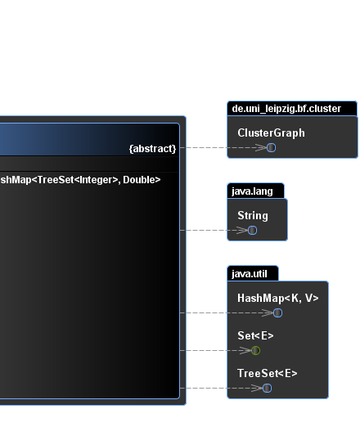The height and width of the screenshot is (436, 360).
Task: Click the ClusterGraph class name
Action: coord(271,133)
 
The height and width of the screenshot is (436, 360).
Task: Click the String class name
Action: coord(253,215)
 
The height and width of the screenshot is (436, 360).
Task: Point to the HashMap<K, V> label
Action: coord(277,298)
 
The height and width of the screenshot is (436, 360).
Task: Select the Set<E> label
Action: coord(255,335)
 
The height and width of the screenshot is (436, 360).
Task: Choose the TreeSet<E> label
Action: coord(267,373)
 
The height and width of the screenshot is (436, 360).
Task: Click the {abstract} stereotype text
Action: coord(152,149)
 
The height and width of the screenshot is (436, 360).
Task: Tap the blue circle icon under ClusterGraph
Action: coord(272,147)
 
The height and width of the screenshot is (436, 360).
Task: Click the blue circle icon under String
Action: coord(252,230)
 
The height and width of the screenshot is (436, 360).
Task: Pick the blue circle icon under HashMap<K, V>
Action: coord(277,312)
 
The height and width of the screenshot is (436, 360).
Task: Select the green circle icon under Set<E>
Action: coord(255,350)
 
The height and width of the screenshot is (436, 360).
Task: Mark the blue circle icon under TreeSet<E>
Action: coord(267,388)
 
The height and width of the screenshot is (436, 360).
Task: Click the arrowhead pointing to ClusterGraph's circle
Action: coord(261,147)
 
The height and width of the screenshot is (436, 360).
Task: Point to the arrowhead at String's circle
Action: coord(242,230)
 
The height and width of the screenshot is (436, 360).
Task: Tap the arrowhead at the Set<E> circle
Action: coord(245,350)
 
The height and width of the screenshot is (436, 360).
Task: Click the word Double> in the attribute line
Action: coord(142,180)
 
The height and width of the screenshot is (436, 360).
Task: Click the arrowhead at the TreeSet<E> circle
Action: coord(257,388)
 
